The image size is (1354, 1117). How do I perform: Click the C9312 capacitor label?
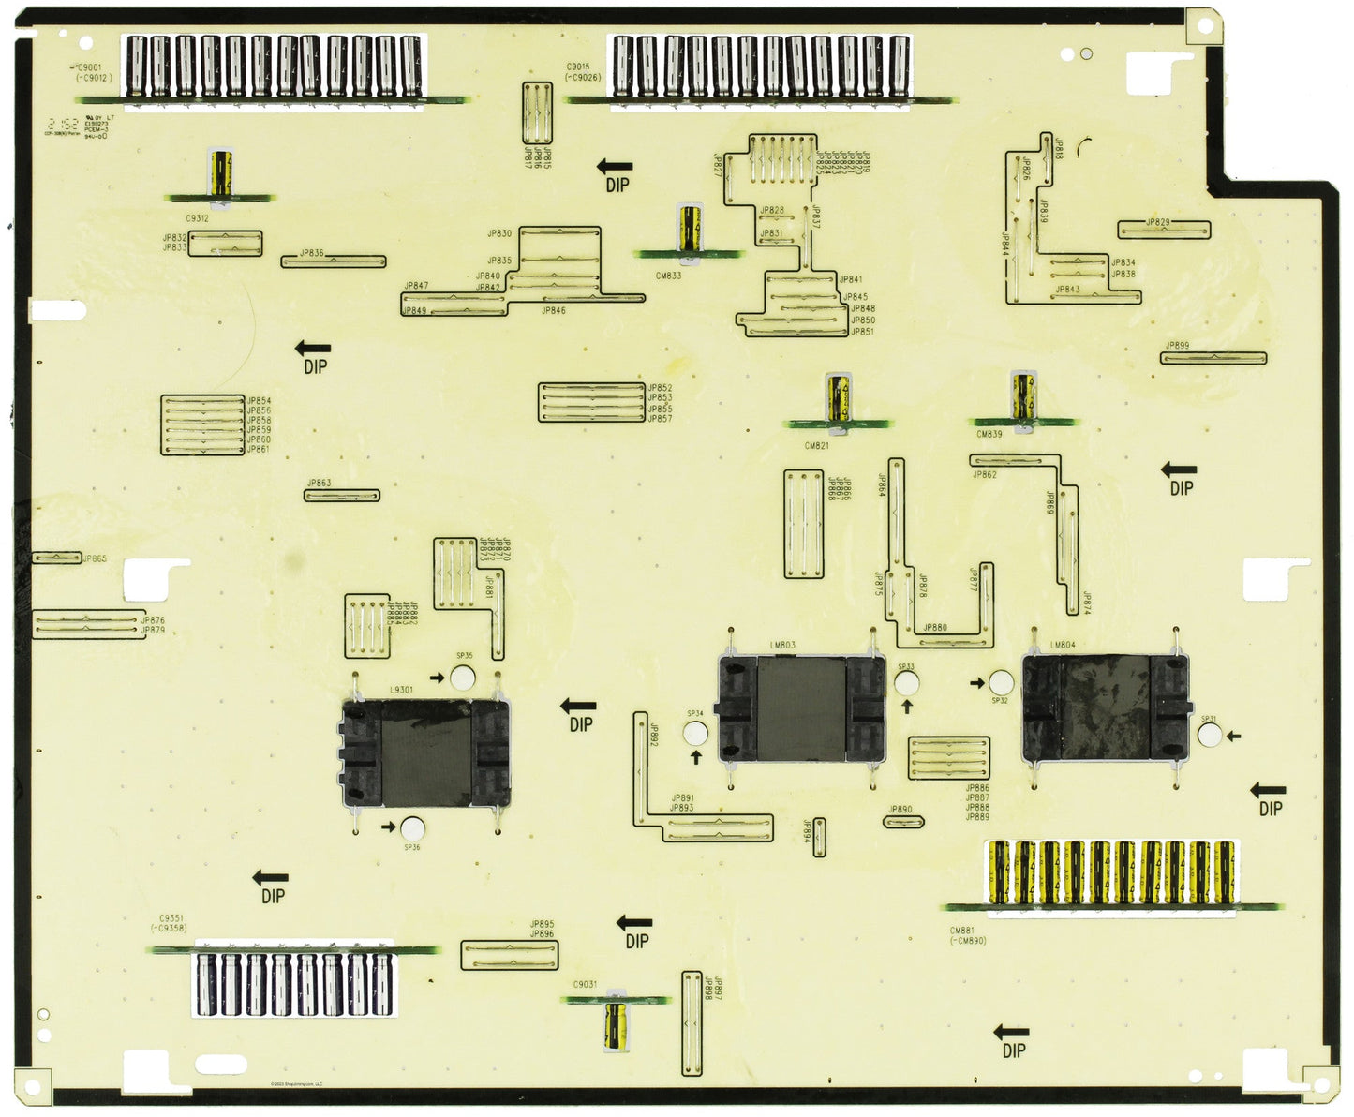coord(197,218)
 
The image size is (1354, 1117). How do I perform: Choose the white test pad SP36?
coord(412,827)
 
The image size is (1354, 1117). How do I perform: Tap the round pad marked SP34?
coord(695,733)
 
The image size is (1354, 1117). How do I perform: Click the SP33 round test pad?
coord(906,682)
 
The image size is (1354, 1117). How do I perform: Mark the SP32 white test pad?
coord(1001,682)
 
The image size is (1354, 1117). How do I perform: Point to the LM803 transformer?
coord(801,708)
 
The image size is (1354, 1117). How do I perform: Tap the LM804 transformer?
coord(1106,707)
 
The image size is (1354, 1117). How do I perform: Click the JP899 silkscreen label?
coord(1177,346)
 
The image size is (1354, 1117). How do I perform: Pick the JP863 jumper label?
coord(319,484)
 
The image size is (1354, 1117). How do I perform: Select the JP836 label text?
coord(312,254)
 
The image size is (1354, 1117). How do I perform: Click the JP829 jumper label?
coord(1158,223)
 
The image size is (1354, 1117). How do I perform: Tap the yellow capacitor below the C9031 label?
coord(616,1023)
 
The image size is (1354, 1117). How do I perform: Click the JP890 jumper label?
coord(900,809)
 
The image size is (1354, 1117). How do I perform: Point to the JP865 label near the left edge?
coord(95,559)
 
